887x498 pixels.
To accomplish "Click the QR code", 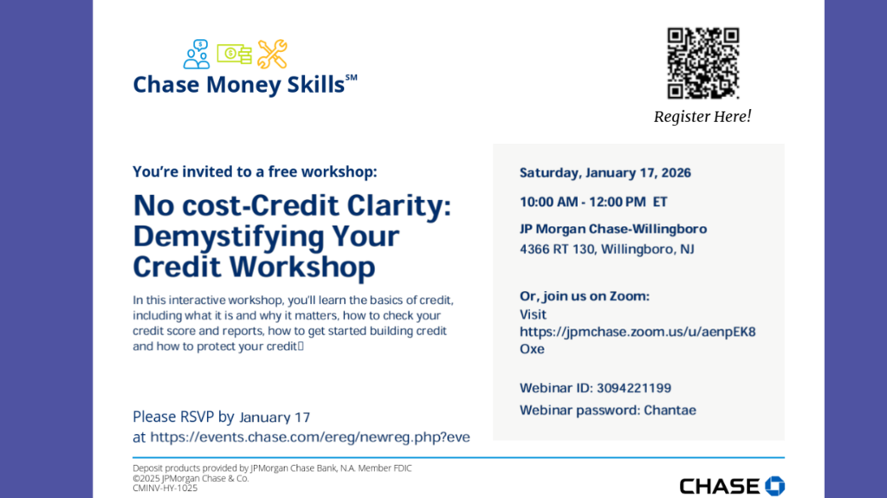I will pos(702,63).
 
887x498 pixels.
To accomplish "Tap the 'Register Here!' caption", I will pos(702,116).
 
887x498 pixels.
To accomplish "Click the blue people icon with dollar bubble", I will pos(197,55).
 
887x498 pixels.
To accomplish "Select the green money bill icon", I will pos(234,55).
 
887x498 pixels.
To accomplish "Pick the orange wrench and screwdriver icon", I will pos(272,55).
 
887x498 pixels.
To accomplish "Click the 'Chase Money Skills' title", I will pos(238,85).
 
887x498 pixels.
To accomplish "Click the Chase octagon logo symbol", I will pos(774,486).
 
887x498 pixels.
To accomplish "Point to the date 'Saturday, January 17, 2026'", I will pos(605,172).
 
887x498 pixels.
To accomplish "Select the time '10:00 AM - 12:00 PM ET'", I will pos(593,202).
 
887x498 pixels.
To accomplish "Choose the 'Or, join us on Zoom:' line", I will pos(585,296).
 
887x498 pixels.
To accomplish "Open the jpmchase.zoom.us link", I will pos(638,332).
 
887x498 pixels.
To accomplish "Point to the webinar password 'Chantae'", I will pos(670,410).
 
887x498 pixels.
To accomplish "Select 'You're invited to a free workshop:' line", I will pos(255,171).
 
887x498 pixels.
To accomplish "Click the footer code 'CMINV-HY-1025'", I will pos(165,488).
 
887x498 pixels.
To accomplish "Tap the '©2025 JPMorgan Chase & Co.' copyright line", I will pos(191,478).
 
